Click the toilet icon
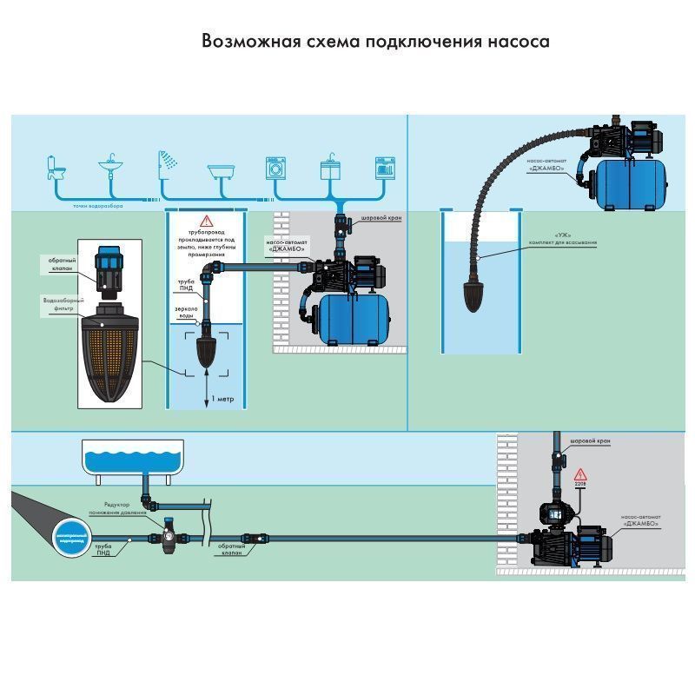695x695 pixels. [56, 167]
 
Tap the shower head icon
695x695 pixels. [165, 163]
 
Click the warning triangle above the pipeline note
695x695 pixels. [205, 222]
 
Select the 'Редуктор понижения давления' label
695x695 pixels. [116, 509]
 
